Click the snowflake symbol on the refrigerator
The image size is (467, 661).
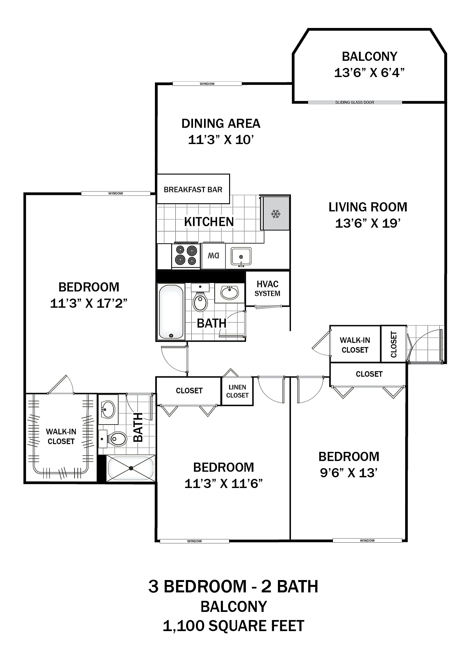[x=276, y=214]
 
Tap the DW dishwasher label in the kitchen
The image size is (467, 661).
[x=213, y=256]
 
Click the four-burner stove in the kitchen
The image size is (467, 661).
[x=186, y=255]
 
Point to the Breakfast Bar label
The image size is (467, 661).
[x=193, y=190]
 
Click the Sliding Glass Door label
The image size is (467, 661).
[x=355, y=102]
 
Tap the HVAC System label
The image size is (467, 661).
[x=267, y=289]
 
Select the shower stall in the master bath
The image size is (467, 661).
[x=131, y=468]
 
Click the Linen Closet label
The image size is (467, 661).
[x=237, y=391]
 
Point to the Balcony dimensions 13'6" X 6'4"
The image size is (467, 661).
[x=369, y=73]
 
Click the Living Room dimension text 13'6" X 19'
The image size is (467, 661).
[x=368, y=223]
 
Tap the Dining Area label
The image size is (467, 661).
[x=221, y=124]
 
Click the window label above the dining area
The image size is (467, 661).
[x=207, y=84]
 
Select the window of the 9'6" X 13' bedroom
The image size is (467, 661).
[x=367, y=540]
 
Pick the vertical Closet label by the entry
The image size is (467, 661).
[x=394, y=344]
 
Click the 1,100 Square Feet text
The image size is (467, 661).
[x=233, y=626]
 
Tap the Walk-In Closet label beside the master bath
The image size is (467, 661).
[x=61, y=436]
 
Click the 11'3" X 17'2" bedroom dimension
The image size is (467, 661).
[x=89, y=303]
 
